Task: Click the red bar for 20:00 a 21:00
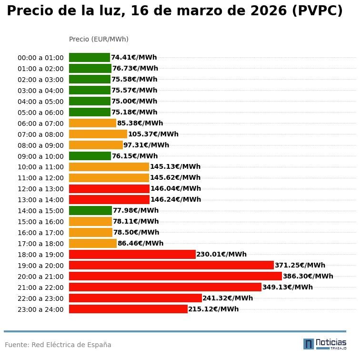coord(175,276)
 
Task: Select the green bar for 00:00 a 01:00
coord(90,58)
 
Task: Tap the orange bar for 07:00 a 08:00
coord(98,134)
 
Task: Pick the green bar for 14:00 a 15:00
coord(90,210)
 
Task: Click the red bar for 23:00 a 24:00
coord(128,309)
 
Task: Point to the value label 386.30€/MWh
coord(308,276)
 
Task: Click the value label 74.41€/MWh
coord(134,58)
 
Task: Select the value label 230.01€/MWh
coord(221,254)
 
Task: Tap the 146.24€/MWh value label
coord(176,200)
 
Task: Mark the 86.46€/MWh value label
coord(140,243)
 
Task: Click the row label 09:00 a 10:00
coord(40,156)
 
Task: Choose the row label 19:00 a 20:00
coord(40,266)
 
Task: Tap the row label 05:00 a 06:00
coord(40,113)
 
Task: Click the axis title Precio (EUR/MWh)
coord(99,39)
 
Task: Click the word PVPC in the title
coord(317,11)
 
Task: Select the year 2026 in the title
coord(264,11)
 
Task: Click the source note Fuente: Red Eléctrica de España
coord(58,345)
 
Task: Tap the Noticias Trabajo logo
coord(325,344)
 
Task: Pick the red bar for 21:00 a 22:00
coord(165,287)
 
